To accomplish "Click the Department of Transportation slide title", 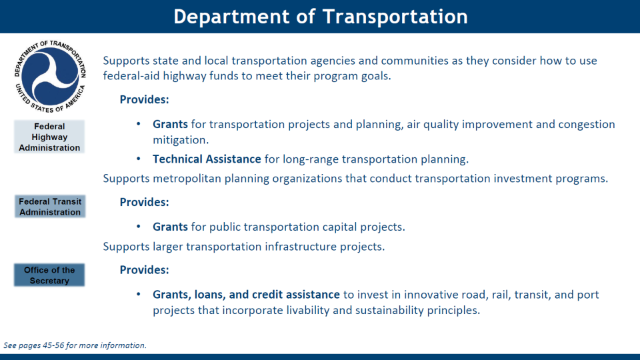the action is (x=321, y=17).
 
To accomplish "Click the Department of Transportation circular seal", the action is (x=50, y=76).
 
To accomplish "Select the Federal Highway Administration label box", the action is (x=49, y=137).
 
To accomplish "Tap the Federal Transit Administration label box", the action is (x=50, y=207).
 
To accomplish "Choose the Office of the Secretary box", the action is (x=49, y=275).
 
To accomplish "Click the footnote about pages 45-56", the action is (x=75, y=345).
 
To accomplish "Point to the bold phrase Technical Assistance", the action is (x=207, y=159).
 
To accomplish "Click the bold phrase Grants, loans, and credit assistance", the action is (x=246, y=294).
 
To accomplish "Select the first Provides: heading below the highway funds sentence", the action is (x=144, y=99).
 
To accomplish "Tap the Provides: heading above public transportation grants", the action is (x=144, y=202).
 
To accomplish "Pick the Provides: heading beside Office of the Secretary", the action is (x=144, y=270).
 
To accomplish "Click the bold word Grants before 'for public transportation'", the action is (x=170, y=227).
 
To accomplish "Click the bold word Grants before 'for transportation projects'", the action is (x=170, y=124).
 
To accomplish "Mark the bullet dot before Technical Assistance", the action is (x=139, y=159).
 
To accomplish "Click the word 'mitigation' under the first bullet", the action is (x=181, y=139).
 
